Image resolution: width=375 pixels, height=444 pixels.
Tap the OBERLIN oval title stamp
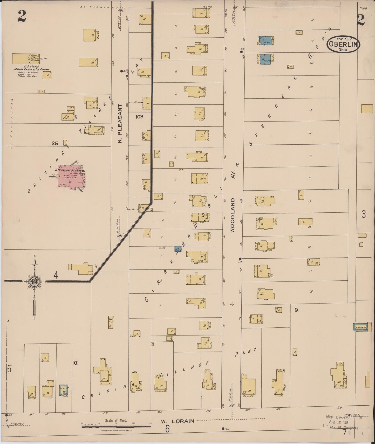pyautogui.click(x=343, y=44)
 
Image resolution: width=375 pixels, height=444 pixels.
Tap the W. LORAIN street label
pyautogui.click(x=178, y=421)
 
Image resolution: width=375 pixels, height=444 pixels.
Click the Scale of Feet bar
pyautogui.click(x=116, y=426)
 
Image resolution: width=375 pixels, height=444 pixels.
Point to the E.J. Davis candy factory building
pyautogui.click(x=26, y=59)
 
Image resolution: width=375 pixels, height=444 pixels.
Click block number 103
pyautogui.click(x=139, y=117)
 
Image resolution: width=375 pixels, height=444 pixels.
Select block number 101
pyautogui.click(x=75, y=363)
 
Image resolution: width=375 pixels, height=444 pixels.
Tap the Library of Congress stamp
pyautogui.click(x=340, y=422)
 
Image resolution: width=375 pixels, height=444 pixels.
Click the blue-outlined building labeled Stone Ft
pyautogui.click(x=64, y=390)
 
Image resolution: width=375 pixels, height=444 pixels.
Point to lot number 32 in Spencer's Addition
pyautogui.click(x=312, y=20)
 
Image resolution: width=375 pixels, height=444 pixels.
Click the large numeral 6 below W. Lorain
pyautogui.click(x=167, y=429)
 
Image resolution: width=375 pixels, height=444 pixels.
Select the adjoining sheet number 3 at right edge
pyautogui.click(x=364, y=214)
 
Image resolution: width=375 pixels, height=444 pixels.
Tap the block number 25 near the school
pyautogui.click(x=55, y=143)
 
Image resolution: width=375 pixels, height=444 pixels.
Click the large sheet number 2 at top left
pyautogui.click(x=22, y=17)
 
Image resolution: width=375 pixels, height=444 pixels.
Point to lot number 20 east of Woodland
pyautogui.click(x=311, y=292)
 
